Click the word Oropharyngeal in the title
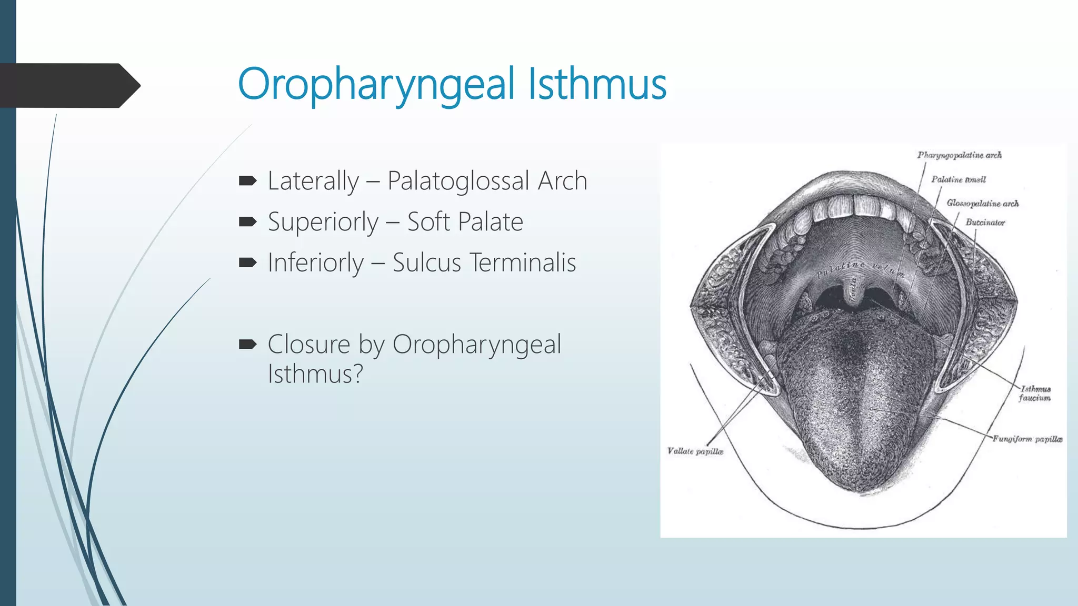pyautogui.click(x=376, y=84)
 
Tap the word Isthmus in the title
pyautogui.click(x=597, y=84)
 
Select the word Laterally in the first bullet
pyautogui.click(x=313, y=181)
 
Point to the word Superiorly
pyautogui.click(x=323, y=222)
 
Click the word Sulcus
pyautogui.click(x=426, y=262)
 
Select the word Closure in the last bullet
pyautogui.click(x=308, y=345)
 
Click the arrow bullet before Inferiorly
pyautogui.click(x=247, y=262)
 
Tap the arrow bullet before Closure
pyautogui.click(x=247, y=345)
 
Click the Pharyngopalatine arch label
pyautogui.click(x=959, y=155)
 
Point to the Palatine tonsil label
pyautogui.click(x=958, y=179)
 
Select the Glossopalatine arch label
pyautogui.click(x=982, y=203)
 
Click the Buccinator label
pyautogui.click(x=985, y=223)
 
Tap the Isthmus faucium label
pyautogui.click(x=1035, y=393)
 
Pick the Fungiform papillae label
pyautogui.click(x=1027, y=439)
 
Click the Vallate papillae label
pyautogui.click(x=695, y=451)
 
